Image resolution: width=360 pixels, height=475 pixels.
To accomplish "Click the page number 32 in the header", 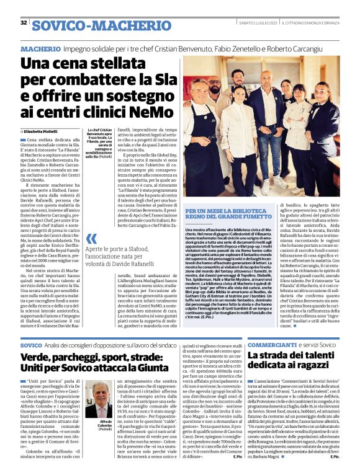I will point(24,23).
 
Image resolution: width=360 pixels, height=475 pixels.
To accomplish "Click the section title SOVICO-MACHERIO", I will point(102,25).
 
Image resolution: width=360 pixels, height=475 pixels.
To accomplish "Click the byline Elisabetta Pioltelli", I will point(40,132).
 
